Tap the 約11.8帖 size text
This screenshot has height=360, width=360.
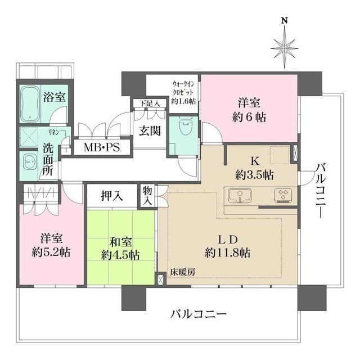[x=228, y=253]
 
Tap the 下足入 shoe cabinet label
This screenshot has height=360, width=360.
[x=150, y=103]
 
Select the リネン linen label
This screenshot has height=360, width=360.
[x=54, y=132]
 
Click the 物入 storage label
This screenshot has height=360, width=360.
[x=147, y=195]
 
